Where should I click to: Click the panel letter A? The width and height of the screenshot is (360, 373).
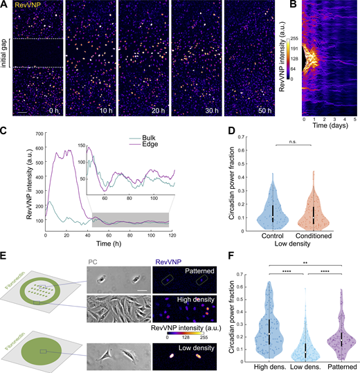click(x=4, y=5)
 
